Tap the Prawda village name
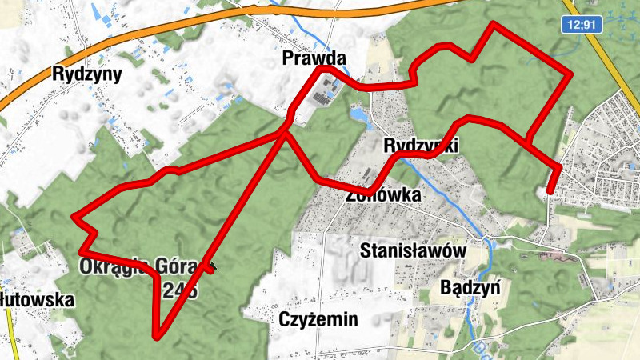(x=314, y=58)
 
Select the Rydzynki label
(x=420, y=146)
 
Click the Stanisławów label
(x=413, y=250)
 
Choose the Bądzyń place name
(x=470, y=286)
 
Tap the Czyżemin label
(x=318, y=320)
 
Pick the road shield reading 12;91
(x=580, y=25)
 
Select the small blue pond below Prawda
(x=359, y=118)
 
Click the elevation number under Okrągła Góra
(x=179, y=290)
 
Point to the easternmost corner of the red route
(x=570, y=74)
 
